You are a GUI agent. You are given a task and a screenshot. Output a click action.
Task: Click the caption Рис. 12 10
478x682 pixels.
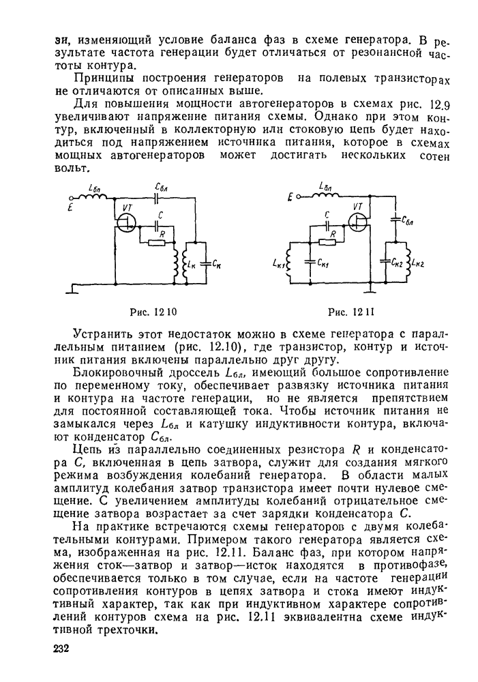click(153, 312)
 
